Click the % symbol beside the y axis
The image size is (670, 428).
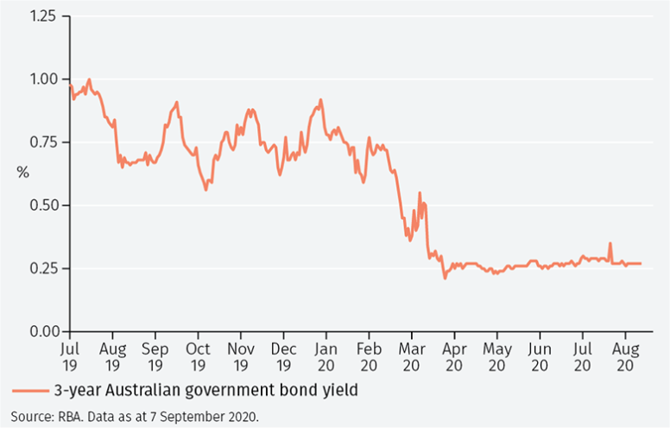click(x=22, y=173)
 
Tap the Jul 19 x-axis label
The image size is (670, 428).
click(x=71, y=357)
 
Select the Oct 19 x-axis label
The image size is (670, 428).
click(x=198, y=357)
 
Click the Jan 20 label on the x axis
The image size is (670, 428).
click(x=326, y=357)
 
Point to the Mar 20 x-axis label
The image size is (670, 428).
click(x=412, y=357)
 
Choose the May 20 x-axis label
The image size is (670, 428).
click(x=496, y=357)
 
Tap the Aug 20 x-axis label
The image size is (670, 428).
click(x=624, y=357)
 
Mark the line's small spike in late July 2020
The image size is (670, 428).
click(x=610, y=243)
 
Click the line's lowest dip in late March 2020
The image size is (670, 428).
click(x=445, y=278)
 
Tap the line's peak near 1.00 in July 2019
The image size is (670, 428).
click(x=89, y=79)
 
